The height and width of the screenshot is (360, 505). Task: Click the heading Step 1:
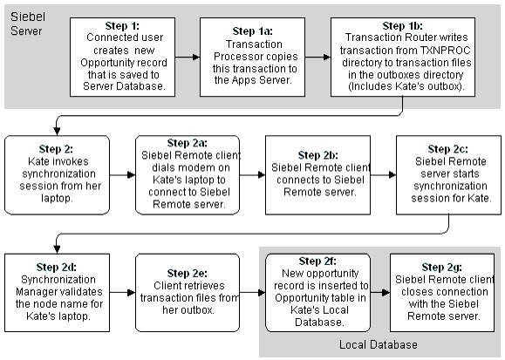tap(122, 26)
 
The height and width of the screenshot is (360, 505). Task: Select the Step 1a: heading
tap(253, 31)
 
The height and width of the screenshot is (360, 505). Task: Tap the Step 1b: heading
tap(403, 26)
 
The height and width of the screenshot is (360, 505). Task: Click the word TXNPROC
tap(446, 51)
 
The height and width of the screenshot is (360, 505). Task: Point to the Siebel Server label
tap(28, 24)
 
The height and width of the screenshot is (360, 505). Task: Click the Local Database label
tap(379, 345)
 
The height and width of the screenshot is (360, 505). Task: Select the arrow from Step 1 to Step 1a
tap(188, 57)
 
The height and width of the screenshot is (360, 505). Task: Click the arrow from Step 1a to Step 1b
tap(317, 57)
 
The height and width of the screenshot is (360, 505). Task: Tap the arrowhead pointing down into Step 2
tap(57, 131)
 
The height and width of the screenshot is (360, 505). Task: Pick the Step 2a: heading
tap(188, 143)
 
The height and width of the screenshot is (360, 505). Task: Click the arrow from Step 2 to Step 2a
tap(122, 175)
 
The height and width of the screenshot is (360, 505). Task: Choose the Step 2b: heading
tap(317, 155)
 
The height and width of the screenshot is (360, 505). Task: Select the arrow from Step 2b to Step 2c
tap(383, 175)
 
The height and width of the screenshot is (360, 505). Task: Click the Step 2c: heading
tap(448, 149)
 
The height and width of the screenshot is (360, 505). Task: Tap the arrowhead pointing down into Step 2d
tap(57, 249)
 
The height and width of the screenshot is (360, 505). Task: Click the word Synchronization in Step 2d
tap(58, 280)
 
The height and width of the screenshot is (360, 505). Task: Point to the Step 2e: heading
tap(188, 274)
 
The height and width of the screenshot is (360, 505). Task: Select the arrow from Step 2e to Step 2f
tap(253, 292)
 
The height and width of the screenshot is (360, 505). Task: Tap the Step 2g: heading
tap(442, 268)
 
